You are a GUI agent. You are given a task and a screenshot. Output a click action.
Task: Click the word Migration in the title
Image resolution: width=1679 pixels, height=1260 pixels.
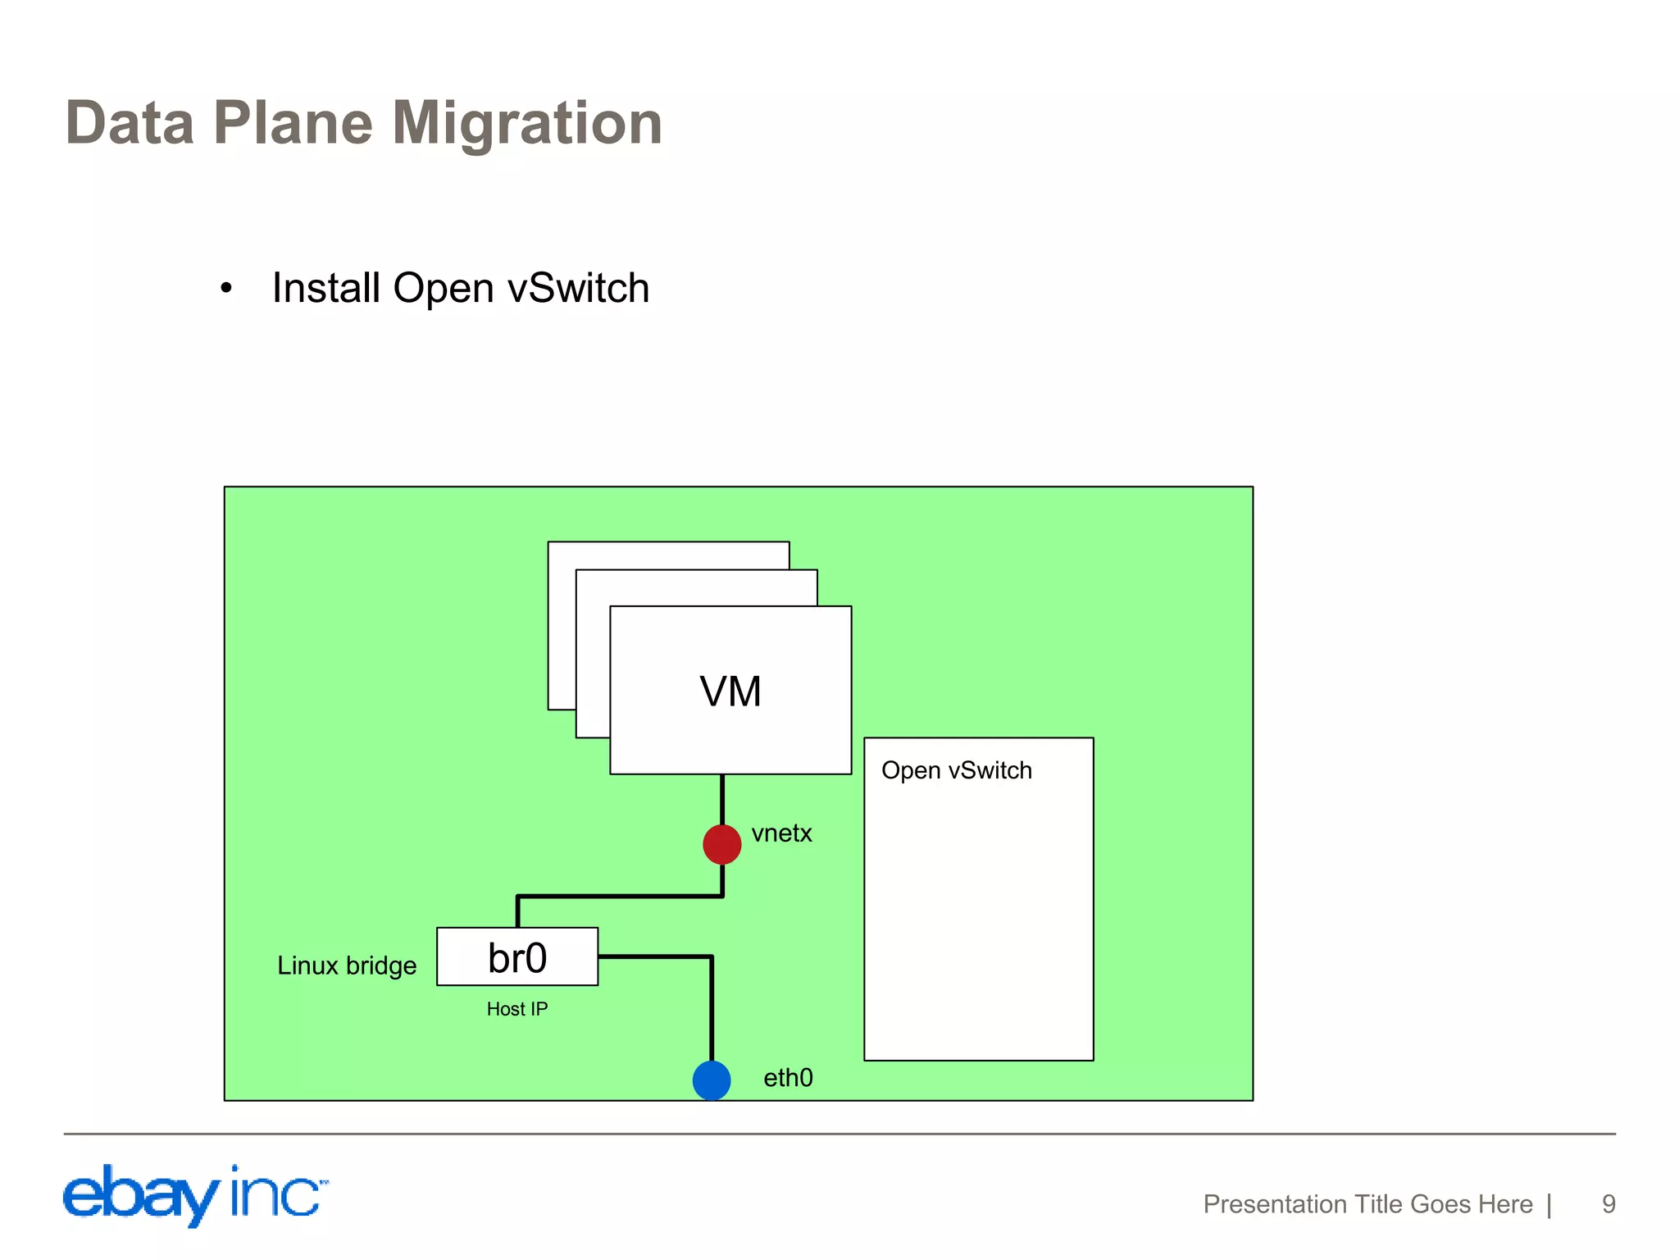(526, 123)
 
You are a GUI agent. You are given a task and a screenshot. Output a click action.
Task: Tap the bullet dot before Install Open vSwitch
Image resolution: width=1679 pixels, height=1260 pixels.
(226, 289)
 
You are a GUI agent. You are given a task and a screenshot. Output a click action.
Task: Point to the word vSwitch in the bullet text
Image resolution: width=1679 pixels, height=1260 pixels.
(578, 289)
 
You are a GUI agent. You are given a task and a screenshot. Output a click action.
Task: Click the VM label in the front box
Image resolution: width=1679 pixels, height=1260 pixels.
(730, 691)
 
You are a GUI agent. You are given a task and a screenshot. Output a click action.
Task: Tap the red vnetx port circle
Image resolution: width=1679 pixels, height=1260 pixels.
(721, 844)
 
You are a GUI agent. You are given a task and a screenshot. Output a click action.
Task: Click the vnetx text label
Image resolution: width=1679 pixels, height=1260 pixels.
(781, 833)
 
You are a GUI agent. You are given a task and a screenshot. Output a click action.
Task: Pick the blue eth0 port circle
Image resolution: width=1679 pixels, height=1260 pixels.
(711, 1080)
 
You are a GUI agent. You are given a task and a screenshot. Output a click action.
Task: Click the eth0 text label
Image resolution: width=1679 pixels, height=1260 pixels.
(788, 1078)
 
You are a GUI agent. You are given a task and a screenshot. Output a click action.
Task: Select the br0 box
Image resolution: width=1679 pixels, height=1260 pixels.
(516, 956)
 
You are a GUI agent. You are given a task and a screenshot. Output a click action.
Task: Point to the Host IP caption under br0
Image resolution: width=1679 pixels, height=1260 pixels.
(516, 1009)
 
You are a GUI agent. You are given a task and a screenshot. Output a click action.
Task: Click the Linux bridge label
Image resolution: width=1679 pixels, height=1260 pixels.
(346, 966)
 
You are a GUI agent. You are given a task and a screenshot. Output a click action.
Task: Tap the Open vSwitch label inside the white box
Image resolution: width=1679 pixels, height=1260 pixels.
(956, 770)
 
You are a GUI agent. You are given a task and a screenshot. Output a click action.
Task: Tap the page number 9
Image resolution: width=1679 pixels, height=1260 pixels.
(1608, 1203)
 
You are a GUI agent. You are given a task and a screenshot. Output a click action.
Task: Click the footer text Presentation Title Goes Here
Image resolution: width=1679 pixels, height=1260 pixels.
(1367, 1203)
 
